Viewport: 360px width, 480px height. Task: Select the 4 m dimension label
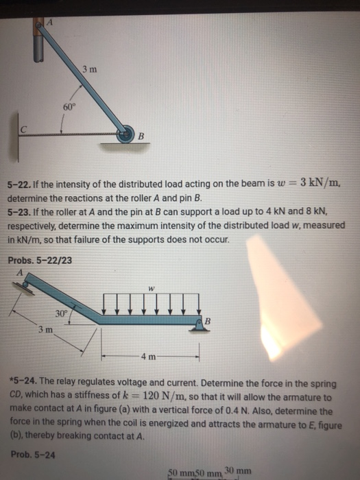click(x=149, y=357)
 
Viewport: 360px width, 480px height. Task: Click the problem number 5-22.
click(x=21, y=184)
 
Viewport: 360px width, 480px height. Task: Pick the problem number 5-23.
click(x=21, y=210)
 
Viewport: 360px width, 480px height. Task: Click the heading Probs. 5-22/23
click(x=39, y=260)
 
